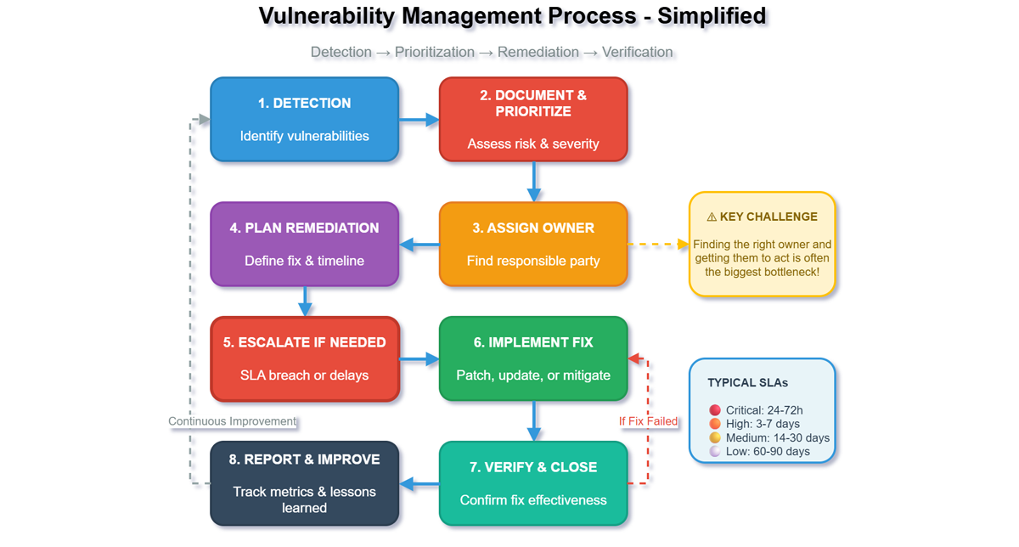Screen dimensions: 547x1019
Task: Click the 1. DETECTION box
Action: point(304,119)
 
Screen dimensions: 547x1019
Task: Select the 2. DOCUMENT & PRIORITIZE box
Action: point(533,119)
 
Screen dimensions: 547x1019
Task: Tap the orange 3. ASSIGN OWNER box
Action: point(533,244)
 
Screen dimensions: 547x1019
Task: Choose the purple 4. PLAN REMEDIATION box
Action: point(304,244)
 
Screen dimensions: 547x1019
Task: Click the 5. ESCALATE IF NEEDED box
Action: point(304,358)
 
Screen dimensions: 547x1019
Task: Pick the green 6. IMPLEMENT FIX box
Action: point(533,358)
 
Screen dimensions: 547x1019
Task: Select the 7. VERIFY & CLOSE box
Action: point(533,483)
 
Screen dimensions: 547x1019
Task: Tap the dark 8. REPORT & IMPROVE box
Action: point(304,483)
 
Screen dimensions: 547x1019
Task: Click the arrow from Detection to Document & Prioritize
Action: point(419,120)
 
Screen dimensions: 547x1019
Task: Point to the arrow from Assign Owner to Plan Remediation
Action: point(419,245)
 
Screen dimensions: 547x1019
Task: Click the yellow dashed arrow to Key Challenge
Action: point(658,245)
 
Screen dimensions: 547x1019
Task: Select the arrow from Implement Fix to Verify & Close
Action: point(534,420)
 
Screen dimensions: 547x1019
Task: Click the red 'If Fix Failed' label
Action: point(648,421)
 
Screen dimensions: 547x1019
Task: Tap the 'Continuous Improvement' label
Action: point(232,421)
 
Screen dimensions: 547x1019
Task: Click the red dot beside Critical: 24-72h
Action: point(715,410)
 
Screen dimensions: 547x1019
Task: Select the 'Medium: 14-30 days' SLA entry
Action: point(769,437)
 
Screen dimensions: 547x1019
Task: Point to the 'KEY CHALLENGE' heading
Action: point(762,217)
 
